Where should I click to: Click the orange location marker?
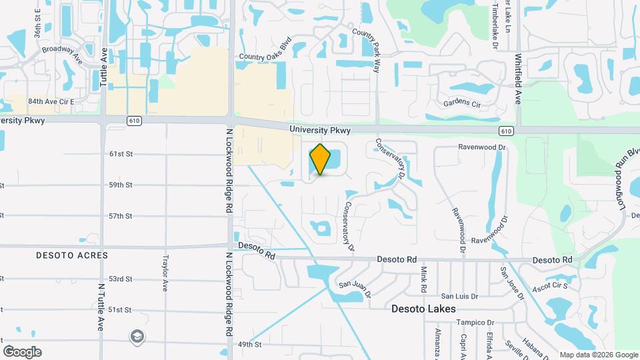[x=320, y=159]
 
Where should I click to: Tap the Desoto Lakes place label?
[x=423, y=309]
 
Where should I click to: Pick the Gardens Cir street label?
[x=462, y=104]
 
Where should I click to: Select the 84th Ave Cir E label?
[x=51, y=101]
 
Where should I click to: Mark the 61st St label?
[x=121, y=154]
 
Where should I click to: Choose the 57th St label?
[x=121, y=216]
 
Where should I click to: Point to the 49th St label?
[x=249, y=345]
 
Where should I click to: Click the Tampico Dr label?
[x=474, y=323]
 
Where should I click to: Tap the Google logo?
[x=22, y=352]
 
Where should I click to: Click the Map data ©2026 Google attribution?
[x=598, y=355]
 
